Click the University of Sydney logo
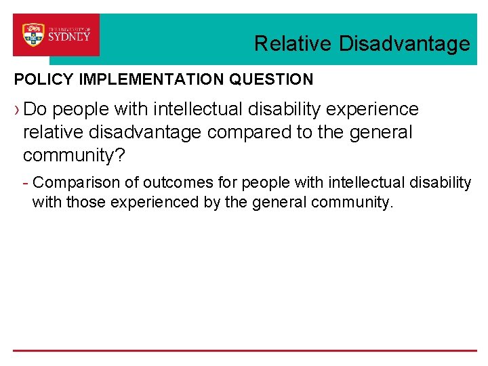pyautogui.click(x=56, y=35)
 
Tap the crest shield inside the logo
pyautogui.click(x=33, y=35)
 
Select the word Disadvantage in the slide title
pyautogui.click(x=404, y=44)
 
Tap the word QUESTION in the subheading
pyautogui.click(x=271, y=79)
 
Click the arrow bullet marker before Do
pyautogui.click(x=17, y=109)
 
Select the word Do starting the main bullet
pyautogui.click(x=35, y=109)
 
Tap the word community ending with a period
pyautogui.click(x=346, y=202)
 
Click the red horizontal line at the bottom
pyautogui.click(x=244, y=350)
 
